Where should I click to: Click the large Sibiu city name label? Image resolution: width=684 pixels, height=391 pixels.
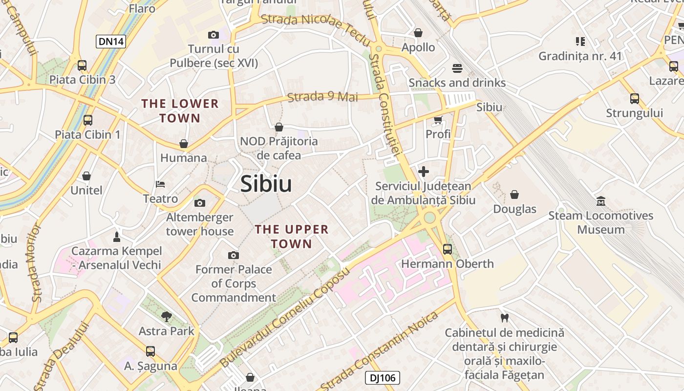266,184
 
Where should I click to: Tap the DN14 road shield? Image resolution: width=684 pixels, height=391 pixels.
111,42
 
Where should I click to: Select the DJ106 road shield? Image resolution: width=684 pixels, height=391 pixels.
383,378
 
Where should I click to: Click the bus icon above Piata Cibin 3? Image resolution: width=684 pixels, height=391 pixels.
82,65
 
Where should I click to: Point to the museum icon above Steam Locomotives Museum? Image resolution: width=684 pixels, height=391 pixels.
600,201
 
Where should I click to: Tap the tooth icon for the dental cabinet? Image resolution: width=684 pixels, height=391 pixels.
505,318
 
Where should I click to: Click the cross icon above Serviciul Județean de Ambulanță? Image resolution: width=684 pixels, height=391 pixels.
424,172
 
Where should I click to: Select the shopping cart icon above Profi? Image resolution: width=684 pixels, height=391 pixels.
438,120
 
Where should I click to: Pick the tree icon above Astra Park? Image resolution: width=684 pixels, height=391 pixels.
167,317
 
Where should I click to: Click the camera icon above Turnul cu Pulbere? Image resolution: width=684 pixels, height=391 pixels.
213,35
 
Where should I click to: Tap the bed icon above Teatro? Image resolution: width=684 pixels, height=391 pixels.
160,184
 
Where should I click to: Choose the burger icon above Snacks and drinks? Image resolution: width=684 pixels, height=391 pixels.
457,68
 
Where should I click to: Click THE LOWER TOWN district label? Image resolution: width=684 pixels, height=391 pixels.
180,111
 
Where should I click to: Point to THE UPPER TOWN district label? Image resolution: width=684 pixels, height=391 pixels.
292,237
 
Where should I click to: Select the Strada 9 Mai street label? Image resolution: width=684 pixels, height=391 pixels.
322,97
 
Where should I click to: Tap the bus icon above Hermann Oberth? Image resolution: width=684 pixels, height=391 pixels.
447,249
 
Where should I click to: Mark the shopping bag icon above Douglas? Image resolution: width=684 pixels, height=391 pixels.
514,195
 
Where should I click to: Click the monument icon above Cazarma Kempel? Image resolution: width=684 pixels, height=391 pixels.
117,237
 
